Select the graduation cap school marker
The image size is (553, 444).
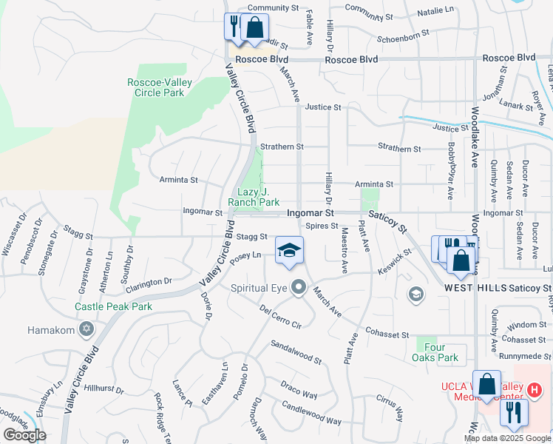(x=290, y=250)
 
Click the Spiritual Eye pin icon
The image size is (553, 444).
(x=299, y=286)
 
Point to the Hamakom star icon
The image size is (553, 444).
(x=86, y=329)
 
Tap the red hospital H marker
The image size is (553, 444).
(x=535, y=389)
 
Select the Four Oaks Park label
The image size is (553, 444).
(x=435, y=352)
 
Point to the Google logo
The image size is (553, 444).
(x=24, y=435)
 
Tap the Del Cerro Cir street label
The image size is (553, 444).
(x=281, y=316)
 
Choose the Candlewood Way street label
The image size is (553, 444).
(x=311, y=413)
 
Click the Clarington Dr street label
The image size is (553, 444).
(x=148, y=283)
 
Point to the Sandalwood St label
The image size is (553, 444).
(x=296, y=352)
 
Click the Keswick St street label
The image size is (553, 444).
(x=392, y=260)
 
